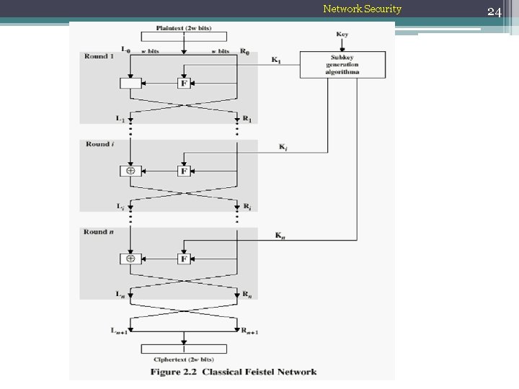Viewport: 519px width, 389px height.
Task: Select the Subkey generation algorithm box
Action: [342, 65]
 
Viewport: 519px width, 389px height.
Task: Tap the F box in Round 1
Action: [184, 83]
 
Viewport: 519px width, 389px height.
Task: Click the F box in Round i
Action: [184, 171]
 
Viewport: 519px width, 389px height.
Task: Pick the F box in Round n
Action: [184, 259]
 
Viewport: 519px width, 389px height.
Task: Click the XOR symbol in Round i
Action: [130, 171]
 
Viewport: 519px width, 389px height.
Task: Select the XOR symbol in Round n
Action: [130, 259]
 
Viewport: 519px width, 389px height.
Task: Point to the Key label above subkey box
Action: [342, 35]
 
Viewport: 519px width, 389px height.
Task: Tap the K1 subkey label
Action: [276, 60]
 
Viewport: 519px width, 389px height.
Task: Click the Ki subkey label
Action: [284, 147]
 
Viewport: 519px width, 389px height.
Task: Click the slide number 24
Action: [494, 12]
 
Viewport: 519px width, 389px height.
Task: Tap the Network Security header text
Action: [362, 9]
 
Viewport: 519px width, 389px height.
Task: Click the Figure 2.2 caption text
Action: [233, 372]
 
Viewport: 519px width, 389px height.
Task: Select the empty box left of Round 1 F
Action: [130, 83]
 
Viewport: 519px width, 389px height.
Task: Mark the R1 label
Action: [247, 119]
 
